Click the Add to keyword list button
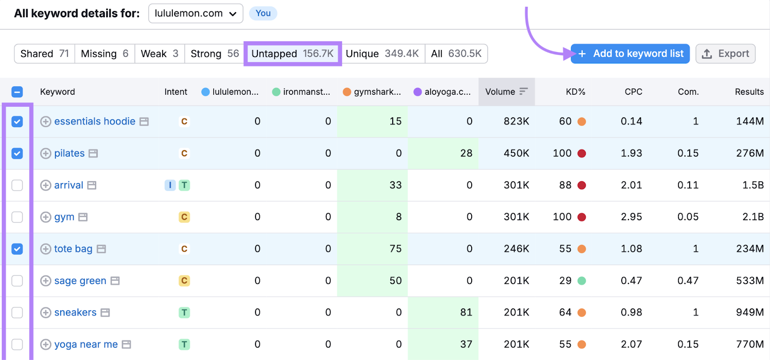pyautogui.click(x=630, y=54)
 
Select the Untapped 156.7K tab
pyautogui.click(x=293, y=54)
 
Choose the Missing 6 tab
pyautogui.click(x=104, y=54)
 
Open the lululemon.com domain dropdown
pyautogui.click(x=195, y=13)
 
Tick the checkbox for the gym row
pyautogui.click(x=17, y=217)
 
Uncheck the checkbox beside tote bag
pyautogui.click(x=17, y=249)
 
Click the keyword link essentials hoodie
pyautogui.click(x=95, y=122)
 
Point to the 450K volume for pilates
pyautogui.click(x=516, y=154)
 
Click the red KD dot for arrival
pyautogui.click(x=582, y=185)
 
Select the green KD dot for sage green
pyautogui.click(x=582, y=281)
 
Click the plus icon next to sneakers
pyautogui.click(x=46, y=313)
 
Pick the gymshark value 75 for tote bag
pyautogui.click(x=396, y=249)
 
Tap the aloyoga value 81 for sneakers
pyautogui.click(x=466, y=313)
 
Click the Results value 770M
pyautogui.click(x=750, y=345)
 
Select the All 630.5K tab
pyautogui.click(x=456, y=54)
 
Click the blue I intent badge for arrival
pyautogui.click(x=170, y=185)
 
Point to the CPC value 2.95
pyautogui.click(x=631, y=217)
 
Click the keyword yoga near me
pyautogui.click(x=86, y=345)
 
